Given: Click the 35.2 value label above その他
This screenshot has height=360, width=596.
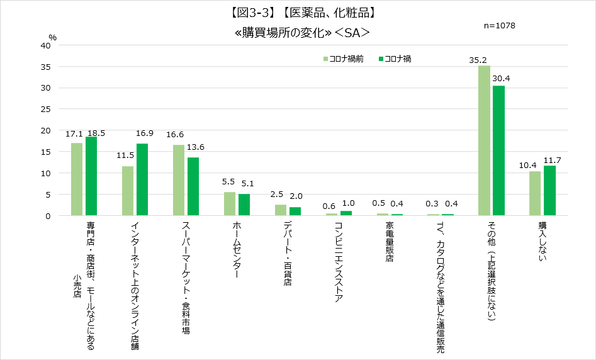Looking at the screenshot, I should click(x=479, y=60).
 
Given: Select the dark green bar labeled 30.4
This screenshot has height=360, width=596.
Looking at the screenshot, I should click(x=498, y=150).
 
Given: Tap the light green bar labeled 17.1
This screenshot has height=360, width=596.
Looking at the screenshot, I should click(x=77, y=179).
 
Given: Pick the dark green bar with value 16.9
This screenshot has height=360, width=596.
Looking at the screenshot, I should click(x=142, y=179).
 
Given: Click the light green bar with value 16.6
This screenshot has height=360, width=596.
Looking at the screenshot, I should click(x=179, y=180).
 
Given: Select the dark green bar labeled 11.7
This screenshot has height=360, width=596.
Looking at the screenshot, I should click(x=549, y=191).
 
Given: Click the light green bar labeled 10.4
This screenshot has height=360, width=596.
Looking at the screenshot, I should click(x=535, y=193).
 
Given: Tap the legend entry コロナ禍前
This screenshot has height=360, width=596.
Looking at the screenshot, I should click(x=344, y=59).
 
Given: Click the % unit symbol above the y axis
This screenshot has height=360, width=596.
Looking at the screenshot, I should click(x=53, y=37).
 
